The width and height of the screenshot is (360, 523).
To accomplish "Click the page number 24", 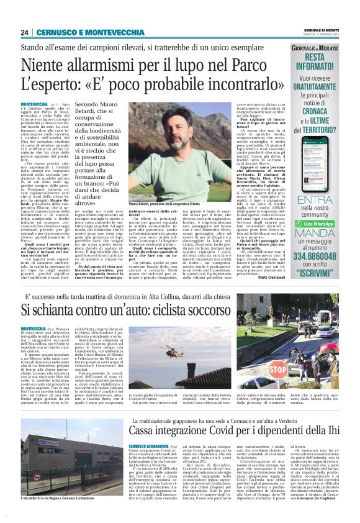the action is [25, 32].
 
